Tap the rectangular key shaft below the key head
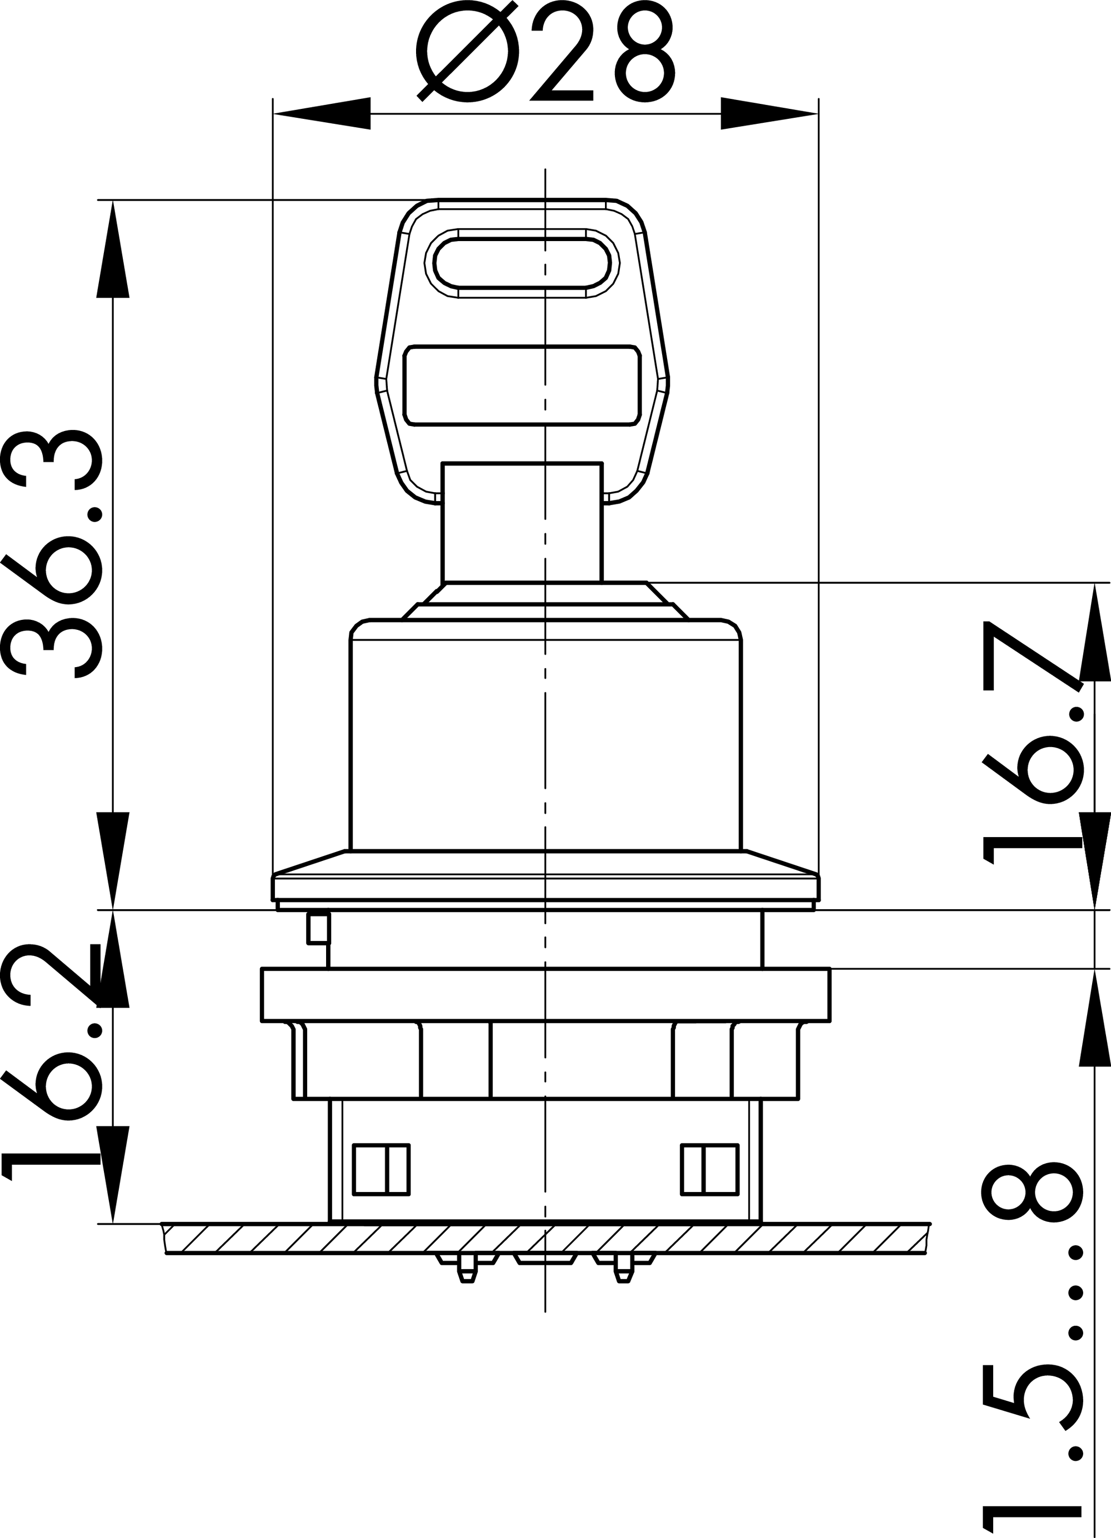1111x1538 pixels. tap(522, 522)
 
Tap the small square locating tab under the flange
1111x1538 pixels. tap(318, 928)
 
